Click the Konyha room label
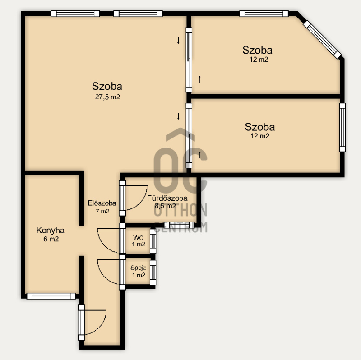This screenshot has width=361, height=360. (51, 231)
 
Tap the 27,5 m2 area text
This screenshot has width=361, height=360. (107, 97)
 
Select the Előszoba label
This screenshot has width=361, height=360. (102, 203)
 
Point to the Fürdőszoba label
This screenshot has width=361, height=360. (167, 198)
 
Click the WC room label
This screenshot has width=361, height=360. (138, 238)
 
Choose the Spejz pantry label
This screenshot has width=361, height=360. (138, 268)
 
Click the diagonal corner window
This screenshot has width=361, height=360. (322, 39)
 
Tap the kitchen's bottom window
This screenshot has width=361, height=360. (51, 296)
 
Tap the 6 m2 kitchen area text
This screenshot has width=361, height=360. (51, 239)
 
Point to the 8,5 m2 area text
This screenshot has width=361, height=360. (165, 206)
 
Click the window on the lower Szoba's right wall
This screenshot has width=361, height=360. (342, 127)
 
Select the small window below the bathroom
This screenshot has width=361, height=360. (179, 225)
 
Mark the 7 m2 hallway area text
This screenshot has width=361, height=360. (102, 211)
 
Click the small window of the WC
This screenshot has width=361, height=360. (153, 241)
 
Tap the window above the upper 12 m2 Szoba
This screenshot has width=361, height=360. (264, 14)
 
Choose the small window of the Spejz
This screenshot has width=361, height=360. (153, 272)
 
